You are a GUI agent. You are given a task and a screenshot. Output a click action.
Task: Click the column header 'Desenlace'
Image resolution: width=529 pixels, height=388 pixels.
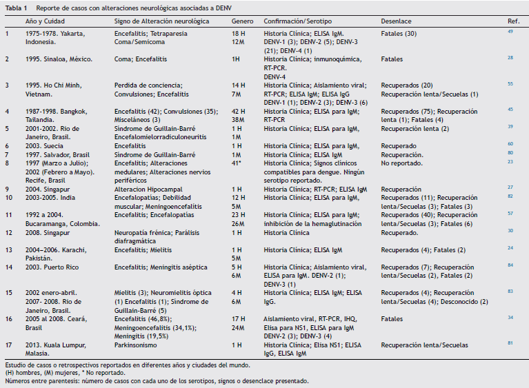point(395,21)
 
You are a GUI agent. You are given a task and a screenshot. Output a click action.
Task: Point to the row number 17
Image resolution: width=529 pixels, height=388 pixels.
point(8,343)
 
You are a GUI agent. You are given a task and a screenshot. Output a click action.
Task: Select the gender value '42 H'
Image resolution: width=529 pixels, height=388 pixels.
point(239,111)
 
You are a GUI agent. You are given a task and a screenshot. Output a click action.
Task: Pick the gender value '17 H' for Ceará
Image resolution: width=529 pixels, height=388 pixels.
point(239,318)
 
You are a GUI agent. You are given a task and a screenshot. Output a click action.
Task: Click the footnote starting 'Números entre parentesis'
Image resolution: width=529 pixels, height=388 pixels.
point(157,380)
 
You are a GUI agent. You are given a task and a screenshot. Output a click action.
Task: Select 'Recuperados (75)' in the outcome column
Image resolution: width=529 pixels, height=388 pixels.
point(402,111)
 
